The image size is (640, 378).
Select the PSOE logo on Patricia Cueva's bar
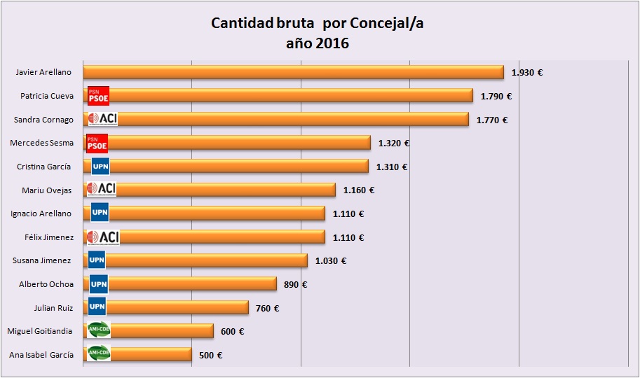(x=98, y=96)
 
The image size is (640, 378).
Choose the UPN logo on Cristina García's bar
(x=100, y=167)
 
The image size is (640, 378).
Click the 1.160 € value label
(x=358, y=190)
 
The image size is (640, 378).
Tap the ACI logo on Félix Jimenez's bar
(x=102, y=237)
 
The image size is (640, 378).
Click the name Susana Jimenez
(x=42, y=260)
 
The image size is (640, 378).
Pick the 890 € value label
(x=295, y=284)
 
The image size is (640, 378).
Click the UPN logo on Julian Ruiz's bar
(x=97, y=307)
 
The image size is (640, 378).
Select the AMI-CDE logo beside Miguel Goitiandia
(x=98, y=330)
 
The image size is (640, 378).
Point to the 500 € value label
(x=210, y=355)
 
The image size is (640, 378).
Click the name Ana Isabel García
(x=41, y=355)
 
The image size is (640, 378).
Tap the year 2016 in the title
(x=332, y=43)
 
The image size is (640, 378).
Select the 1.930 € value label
(x=528, y=72)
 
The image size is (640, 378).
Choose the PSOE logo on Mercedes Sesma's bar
(x=97, y=143)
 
